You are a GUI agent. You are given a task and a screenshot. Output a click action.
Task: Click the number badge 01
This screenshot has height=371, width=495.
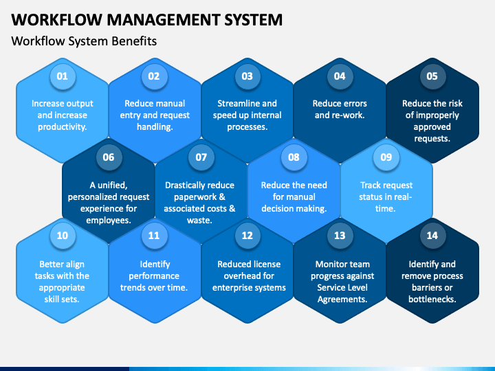click(x=62, y=76)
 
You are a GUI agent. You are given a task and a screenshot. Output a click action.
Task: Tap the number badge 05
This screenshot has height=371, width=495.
click(x=432, y=76)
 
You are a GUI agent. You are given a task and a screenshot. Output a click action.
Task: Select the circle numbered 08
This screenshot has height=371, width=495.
click(x=294, y=157)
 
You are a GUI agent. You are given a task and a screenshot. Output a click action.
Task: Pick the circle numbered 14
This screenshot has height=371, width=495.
click(x=432, y=236)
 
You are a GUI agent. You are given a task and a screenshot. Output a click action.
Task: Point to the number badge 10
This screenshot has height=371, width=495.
click(x=62, y=236)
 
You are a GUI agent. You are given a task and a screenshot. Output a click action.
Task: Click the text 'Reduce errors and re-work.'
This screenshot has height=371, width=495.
click(x=340, y=109)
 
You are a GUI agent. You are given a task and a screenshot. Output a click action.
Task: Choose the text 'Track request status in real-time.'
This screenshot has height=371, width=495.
click(x=386, y=196)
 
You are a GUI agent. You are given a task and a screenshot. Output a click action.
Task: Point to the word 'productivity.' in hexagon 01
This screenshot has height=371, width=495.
click(x=62, y=126)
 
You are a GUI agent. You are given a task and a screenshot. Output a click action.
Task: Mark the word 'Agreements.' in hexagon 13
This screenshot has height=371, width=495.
click(x=340, y=299)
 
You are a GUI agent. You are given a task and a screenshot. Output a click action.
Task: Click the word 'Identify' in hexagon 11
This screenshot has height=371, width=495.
click(x=155, y=265)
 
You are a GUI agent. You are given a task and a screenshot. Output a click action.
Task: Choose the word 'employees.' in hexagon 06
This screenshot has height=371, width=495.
click(x=109, y=221)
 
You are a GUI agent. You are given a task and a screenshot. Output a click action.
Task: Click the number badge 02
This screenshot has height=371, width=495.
click(x=154, y=76)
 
